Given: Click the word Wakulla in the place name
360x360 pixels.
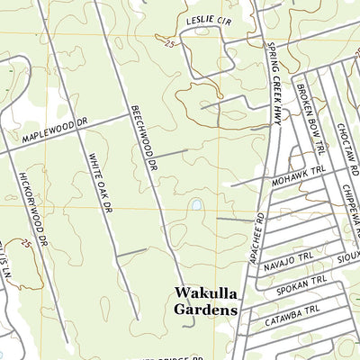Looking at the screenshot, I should click(x=204, y=293).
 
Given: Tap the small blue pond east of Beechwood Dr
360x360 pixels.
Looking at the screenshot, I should click(x=194, y=205).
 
